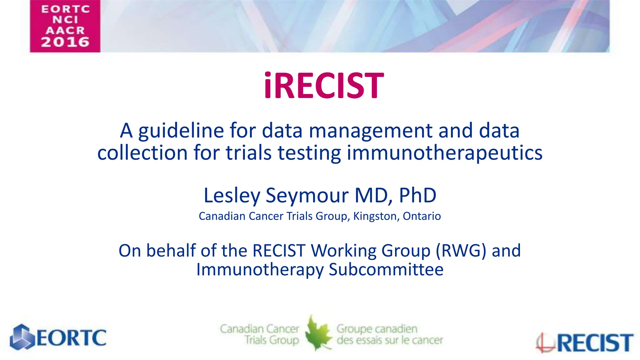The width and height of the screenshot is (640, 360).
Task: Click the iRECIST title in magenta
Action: pos(324,86)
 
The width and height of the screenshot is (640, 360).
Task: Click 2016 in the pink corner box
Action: pos(65,42)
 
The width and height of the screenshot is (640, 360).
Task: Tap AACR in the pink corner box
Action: pos(65,30)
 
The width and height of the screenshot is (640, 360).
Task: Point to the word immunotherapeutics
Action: pos(444,153)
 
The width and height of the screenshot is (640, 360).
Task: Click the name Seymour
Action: pos(307,195)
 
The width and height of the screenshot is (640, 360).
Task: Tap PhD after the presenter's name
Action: pos(417,195)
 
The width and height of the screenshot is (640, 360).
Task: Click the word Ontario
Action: pos(422,216)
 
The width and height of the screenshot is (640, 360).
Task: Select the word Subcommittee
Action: pos(386,269)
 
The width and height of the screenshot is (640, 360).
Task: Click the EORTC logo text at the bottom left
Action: pos(72,337)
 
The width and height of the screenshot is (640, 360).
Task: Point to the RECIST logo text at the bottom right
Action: pos(595,343)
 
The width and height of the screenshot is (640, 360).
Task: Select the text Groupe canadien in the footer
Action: pos(377,329)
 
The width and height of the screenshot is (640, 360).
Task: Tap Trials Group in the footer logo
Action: pos(272,340)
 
